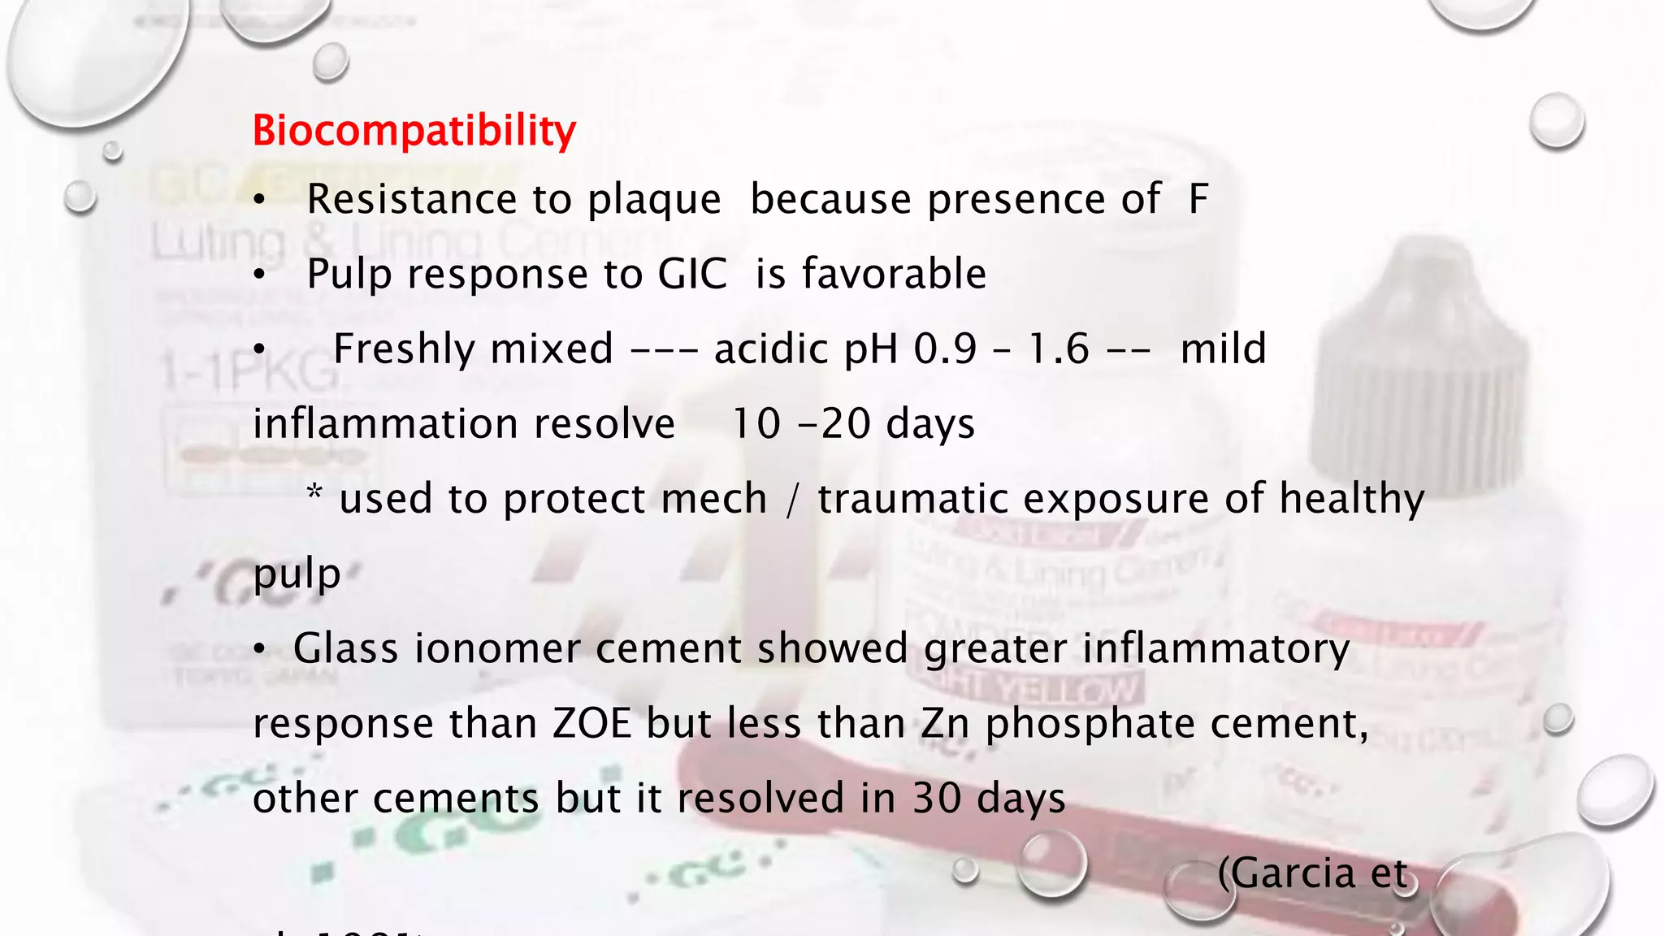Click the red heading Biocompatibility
pyautogui.click(x=414, y=131)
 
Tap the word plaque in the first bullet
pyautogui.click(x=654, y=201)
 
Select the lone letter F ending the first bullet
pyautogui.click(x=1198, y=199)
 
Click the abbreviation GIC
pyautogui.click(x=692, y=274)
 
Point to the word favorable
pyautogui.click(x=895, y=274)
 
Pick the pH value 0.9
pyautogui.click(x=945, y=349)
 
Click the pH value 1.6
pyautogui.click(x=1058, y=349)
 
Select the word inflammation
pyautogui.click(x=464, y=424)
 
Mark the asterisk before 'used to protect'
pyautogui.click(x=314, y=494)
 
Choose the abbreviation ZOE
pyautogui.click(x=592, y=723)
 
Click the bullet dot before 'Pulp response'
pyautogui.click(x=259, y=275)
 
